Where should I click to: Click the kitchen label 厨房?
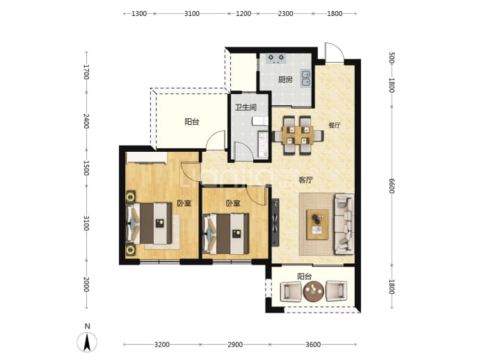[285, 80]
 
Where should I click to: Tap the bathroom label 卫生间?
[246, 107]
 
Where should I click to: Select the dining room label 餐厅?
[335, 125]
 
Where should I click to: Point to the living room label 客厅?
[305, 180]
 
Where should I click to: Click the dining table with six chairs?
[298, 135]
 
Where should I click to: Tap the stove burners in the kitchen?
[275, 58]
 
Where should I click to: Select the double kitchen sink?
[305, 78]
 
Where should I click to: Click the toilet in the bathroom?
[260, 121]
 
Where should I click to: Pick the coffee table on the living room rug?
[318, 225]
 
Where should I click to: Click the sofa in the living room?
[344, 225]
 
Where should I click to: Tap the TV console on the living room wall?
[275, 222]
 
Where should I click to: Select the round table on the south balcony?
[313, 290]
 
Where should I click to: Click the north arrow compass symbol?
[87, 342]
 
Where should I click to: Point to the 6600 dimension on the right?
[392, 186]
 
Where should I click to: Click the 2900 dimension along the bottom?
[235, 345]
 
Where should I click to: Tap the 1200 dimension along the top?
[243, 13]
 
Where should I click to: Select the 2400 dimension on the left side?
[86, 121]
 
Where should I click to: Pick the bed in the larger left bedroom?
[150, 223]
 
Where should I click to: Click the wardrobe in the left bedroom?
[146, 158]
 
